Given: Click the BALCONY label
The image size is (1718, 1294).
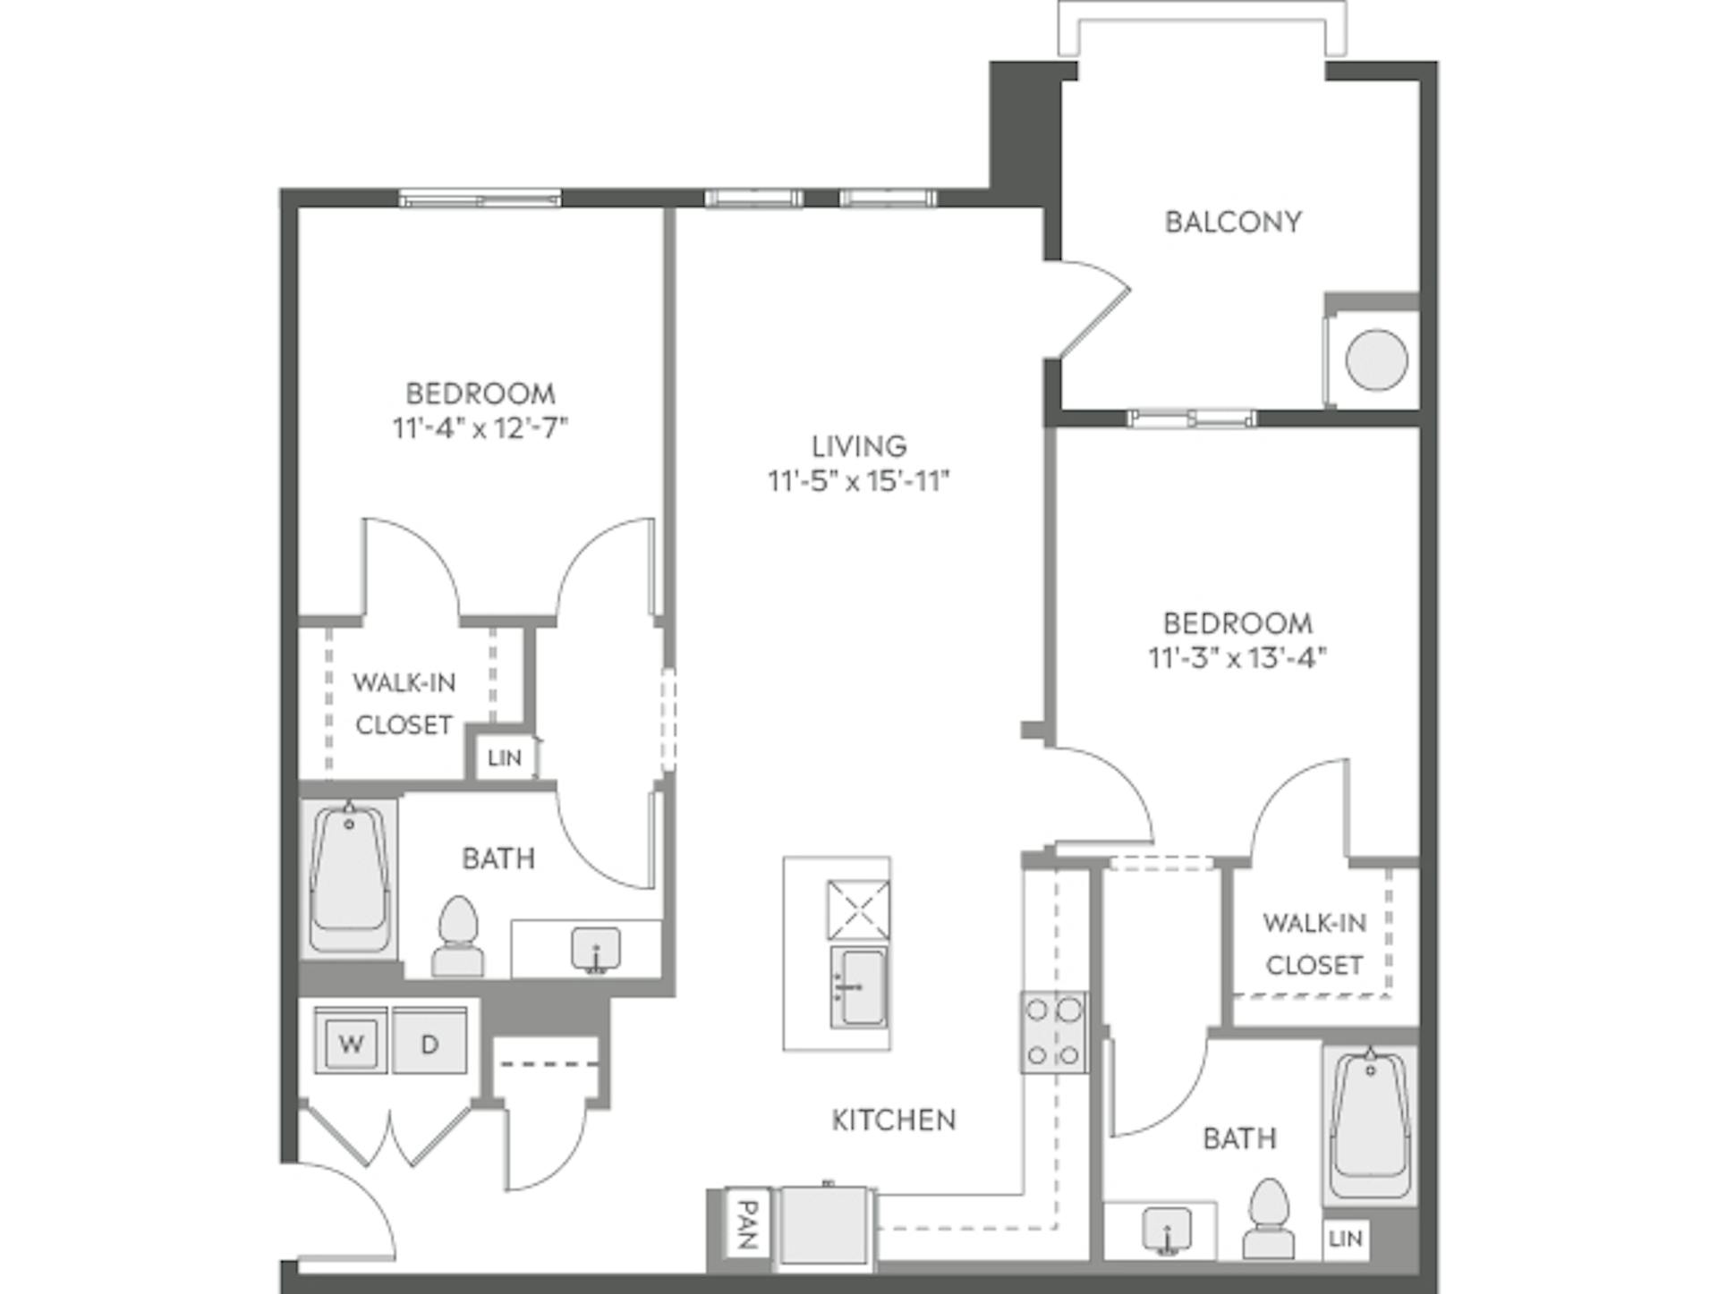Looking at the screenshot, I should [1232, 222].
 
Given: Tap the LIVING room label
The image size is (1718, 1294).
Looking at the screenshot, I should [858, 445].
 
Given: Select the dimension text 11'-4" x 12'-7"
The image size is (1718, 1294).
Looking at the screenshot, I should [481, 428].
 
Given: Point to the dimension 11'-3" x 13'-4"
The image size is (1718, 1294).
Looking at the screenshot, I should [1237, 658].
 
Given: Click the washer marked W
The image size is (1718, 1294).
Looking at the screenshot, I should [351, 1043].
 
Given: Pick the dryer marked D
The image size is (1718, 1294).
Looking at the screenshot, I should [429, 1043].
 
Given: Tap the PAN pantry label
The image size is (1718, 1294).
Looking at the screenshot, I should [746, 1224].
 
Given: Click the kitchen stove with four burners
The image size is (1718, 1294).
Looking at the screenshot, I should [1054, 1032].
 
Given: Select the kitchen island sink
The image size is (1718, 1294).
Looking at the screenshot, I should [859, 987].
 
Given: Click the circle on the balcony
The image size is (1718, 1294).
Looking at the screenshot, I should [1376, 359].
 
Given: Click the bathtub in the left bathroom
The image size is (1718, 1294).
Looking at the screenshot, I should [349, 880].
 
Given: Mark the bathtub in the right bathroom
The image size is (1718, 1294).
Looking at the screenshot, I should [1370, 1126].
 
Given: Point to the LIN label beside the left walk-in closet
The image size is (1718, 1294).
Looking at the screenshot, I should [504, 758].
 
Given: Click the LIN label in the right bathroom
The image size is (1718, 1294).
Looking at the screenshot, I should [1345, 1239].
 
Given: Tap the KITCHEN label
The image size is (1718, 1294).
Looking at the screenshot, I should [893, 1120].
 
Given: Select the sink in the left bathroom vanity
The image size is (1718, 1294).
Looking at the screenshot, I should [596, 949].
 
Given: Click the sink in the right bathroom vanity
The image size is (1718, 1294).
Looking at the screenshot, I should [1167, 1230].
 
